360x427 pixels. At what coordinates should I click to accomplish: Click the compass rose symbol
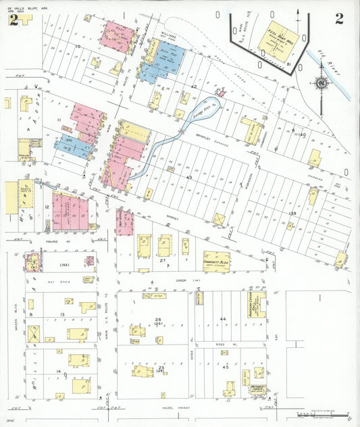[322, 84]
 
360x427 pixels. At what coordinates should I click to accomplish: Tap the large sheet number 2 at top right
[338, 18]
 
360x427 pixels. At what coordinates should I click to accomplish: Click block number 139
[293, 214]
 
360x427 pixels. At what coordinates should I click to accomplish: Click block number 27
[163, 260]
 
